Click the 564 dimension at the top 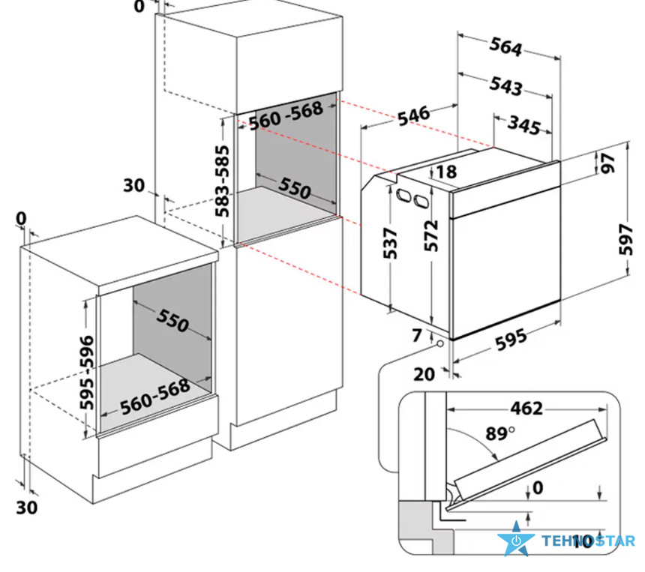[505, 47]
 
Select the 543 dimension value [506, 86]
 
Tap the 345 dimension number [524, 125]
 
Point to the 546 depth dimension [414, 115]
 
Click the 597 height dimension [626, 239]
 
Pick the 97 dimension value [608, 163]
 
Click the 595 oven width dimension [511, 340]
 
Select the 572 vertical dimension [431, 235]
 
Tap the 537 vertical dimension [390, 243]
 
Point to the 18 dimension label [446, 172]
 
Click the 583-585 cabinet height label [222, 181]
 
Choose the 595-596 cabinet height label [87, 373]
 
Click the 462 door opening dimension [527, 409]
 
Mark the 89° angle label [500, 433]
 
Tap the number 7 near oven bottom [417, 335]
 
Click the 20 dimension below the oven [424, 374]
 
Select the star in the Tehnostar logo [516, 539]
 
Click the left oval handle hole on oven [403, 196]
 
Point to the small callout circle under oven [440, 343]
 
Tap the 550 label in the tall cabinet [295, 188]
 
